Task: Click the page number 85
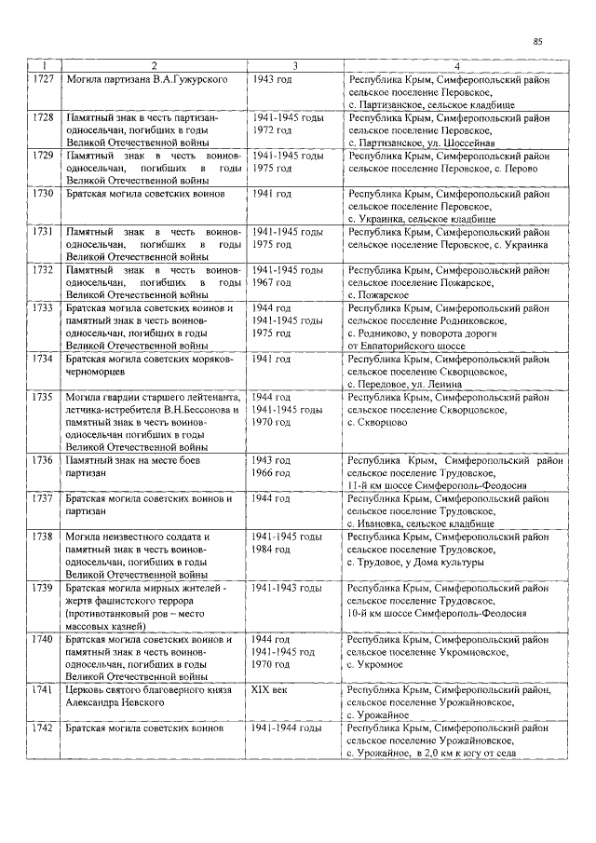point(538,42)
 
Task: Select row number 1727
point(42,81)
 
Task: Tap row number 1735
point(42,397)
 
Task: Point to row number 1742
point(42,726)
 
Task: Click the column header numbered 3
point(294,66)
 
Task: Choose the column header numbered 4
point(456,66)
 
